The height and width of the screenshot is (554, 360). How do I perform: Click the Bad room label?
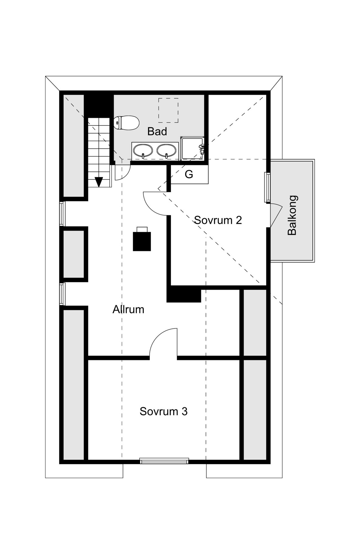pos(157,131)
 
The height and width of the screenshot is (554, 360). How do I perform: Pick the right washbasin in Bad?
pos(166,151)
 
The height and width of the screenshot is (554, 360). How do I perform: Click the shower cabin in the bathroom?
pos(192,148)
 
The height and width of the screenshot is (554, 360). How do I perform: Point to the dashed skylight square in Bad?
pos(168,110)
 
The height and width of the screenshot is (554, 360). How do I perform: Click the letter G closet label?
pos(189,174)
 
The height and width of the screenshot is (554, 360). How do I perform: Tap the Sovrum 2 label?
pos(218,220)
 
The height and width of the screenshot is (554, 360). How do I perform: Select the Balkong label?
pos(292,215)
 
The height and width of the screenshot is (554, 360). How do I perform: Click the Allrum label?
pos(128,309)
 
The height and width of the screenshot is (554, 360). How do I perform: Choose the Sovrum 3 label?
pos(163,411)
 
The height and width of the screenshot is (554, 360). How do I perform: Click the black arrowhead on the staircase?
pos(98,181)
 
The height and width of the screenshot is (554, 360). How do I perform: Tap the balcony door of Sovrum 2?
pos(276,215)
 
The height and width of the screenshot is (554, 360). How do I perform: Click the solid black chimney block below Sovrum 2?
pos(184,294)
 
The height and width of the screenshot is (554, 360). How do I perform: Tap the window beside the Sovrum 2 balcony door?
pos(267,187)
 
